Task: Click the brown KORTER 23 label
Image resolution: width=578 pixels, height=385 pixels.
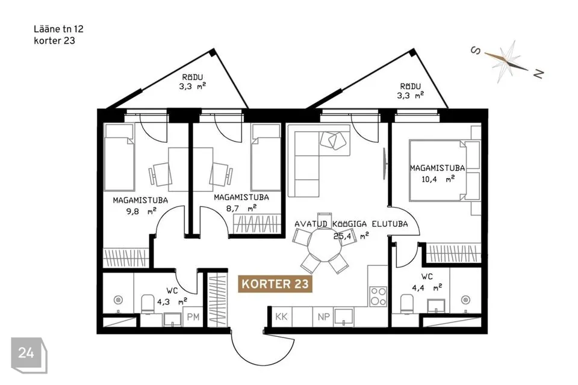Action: pyautogui.click(x=275, y=284)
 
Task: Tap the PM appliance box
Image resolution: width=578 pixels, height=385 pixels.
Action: pyautogui.click(x=193, y=317)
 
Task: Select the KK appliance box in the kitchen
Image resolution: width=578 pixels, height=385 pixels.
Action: pyautogui.click(x=282, y=316)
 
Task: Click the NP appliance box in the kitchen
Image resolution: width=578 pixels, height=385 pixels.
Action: pyautogui.click(x=323, y=316)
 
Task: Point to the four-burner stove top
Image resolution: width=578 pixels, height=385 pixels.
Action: pyautogui.click(x=379, y=296)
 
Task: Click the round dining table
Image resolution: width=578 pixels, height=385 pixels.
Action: pyautogui.click(x=325, y=244)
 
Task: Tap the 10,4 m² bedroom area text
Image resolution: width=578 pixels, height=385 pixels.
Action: pyautogui.click(x=438, y=179)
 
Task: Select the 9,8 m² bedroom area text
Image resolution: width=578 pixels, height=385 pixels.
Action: pyautogui.click(x=141, y=212)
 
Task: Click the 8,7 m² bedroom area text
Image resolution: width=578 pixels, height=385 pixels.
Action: pyautogui.click(x=241, y=209)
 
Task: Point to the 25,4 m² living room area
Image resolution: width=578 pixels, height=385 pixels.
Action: pyautogui.click(x=351, y=236)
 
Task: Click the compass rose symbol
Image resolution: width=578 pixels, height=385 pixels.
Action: pyautogui.click(x=508, y=61)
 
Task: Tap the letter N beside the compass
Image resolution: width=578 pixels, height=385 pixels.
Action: pyautogui.click(x=538, y=73)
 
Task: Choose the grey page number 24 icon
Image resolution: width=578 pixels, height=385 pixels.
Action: pyautogui.click(x=29, y=355)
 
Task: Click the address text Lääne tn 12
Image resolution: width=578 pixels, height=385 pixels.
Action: pyautogui.click(x=58, y=29)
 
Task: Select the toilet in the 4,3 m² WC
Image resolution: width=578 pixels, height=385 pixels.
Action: pyautogui.click(x=148, y=304)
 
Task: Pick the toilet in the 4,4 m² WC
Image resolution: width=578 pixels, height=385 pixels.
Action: pyautogui.click(x=406, y=304)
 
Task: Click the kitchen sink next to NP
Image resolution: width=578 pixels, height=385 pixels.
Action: pyautogui.click(x=344, y=317)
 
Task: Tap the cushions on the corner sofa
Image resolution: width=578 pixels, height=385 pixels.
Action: pyautogui.click(x=334, y=141)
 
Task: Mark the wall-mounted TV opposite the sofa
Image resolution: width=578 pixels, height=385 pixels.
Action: pyautogui.click(x=385, y=164)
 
